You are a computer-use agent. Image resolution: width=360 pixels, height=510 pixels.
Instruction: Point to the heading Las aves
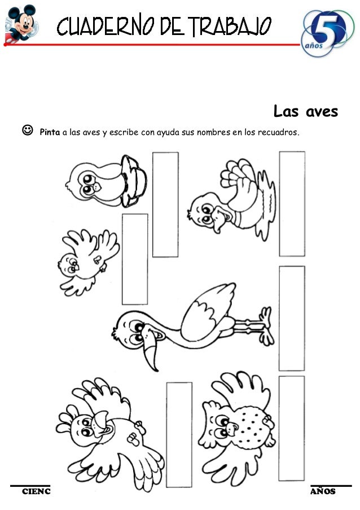click(x=305, y=111)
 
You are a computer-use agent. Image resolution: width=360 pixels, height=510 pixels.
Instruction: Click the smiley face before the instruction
click(x=25, y=133)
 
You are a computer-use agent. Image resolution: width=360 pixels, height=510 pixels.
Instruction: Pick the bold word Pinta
click(x=50, y=133)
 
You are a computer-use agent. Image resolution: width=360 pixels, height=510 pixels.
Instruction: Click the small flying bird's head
click(x=69, y=262)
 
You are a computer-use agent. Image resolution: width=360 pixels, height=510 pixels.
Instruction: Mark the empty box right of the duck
click(x=292, y=203)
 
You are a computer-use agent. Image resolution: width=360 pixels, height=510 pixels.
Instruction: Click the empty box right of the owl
click(x=291, y=428)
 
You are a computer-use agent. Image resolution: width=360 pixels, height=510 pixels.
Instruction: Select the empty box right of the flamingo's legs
click(x=292, y=318)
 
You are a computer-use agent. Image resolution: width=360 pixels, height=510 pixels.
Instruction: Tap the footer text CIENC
click(x=36, y=491)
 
